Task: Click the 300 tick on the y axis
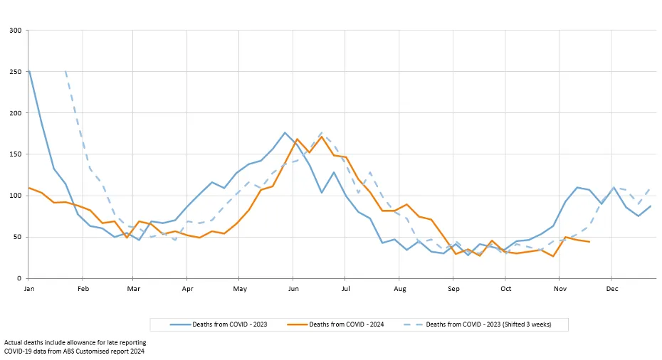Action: click(x=16, y=31)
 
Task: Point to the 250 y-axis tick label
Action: click(x=16, y=72)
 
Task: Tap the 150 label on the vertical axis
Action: click(x=16, y=154)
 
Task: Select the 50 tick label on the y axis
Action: click(x=17, y=237)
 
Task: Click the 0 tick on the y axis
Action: click(x=19, y=278)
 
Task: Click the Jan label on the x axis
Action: click(x=29, y=290)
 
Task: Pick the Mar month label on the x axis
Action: click(x=134, y=290)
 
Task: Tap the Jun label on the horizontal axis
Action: click(x=293, y=290)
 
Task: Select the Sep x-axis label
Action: click(x=453, y=290)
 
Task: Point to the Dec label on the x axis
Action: click(x=611, y=290)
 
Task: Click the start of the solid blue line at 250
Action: click(x=29, y=71)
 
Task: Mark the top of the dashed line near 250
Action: click(x=65, y=71)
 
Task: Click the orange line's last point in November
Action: click(x=589, y=242)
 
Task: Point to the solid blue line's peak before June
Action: click(x=285, y=132)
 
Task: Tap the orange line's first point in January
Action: click(x=29, y=188)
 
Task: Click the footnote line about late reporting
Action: click(x=75, y=342)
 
